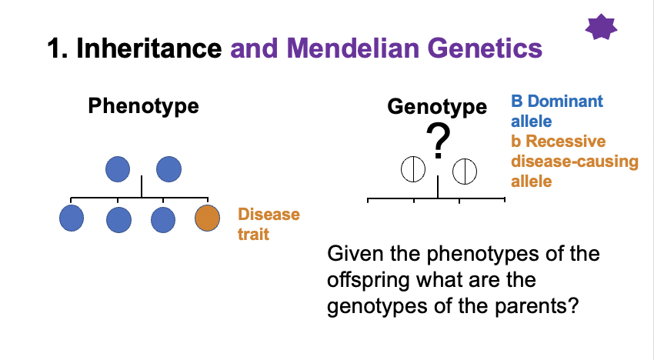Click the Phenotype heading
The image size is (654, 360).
(143, 106)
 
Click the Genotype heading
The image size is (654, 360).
(437, 106)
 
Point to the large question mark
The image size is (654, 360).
(438, 141)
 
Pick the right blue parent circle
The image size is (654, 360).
(168, 168)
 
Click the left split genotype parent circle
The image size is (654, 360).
(413, 170)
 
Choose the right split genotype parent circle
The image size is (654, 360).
(464, 170)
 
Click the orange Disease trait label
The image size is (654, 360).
(269, 224)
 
